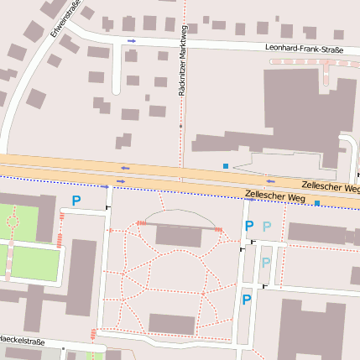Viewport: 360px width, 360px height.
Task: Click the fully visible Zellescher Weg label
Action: pyautogui.click(x=274, y=196)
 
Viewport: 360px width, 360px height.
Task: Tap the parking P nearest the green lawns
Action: pyautogui.click(x=76, y=201)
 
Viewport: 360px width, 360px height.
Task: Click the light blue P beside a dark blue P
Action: pyautogui.click(x=267, y=227)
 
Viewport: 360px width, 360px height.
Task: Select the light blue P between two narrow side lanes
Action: pyautogui.click(x=265, y=263)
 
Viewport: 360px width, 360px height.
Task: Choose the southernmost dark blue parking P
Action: pyautogui.click(x=247, y=300)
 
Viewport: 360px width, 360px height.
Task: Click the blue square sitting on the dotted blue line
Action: pyautogui.click(x=316, y=203)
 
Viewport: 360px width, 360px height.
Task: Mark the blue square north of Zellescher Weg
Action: pyautogui.click(x=226, y=166)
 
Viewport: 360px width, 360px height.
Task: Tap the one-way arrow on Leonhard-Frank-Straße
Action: pyautogui.click(x=130, y=40)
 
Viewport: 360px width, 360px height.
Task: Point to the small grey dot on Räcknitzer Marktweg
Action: pyautogui.click(x=181, y=126)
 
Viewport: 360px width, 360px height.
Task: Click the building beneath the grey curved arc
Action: pyautogui.click(x=178, y=237)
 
